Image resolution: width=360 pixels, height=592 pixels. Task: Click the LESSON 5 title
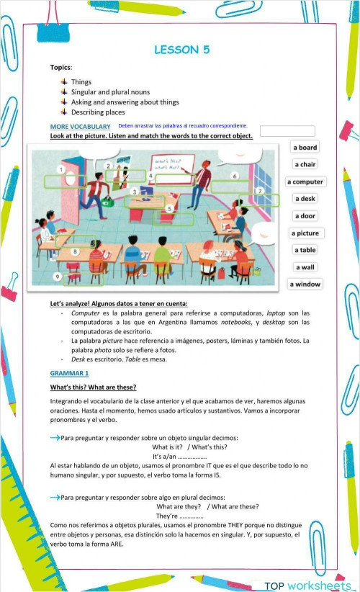click(x=182, y=50)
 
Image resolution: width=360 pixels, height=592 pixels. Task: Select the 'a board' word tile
click(x=305, y=148)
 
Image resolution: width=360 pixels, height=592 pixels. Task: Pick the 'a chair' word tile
click(x=305, y=165)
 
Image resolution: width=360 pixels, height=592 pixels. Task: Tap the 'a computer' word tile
click(x=305, y=182)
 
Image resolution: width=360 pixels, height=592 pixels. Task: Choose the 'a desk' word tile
click(x=305, y=199)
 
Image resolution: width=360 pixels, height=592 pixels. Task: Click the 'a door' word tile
click(x=305, y=216)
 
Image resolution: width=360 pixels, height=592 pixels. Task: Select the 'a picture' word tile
click(x=305, y=233)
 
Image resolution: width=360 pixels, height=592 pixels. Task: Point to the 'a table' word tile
click(x=305, y=250)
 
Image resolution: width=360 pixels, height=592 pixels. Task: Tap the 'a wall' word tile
click(x=305, y=267)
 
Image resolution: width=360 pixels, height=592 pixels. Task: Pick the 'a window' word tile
click(x=305, y=284)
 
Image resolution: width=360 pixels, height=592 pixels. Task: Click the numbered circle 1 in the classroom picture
click(x=62, y=170)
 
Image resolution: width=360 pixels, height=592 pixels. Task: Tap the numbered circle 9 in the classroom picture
click(x=58, y=277)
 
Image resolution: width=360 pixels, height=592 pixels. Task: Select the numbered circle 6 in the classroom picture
click(x=235, y=176)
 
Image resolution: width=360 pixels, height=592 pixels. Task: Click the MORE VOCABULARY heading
click(x=80, y=127)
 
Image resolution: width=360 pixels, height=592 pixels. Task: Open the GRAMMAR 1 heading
click(x=69, y=373)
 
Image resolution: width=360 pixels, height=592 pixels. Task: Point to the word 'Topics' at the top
click(x=60, y=67)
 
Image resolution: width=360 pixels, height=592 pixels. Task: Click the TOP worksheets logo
click(x=307, y=585)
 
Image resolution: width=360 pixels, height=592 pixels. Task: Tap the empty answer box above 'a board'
click(x=287, y=131)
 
